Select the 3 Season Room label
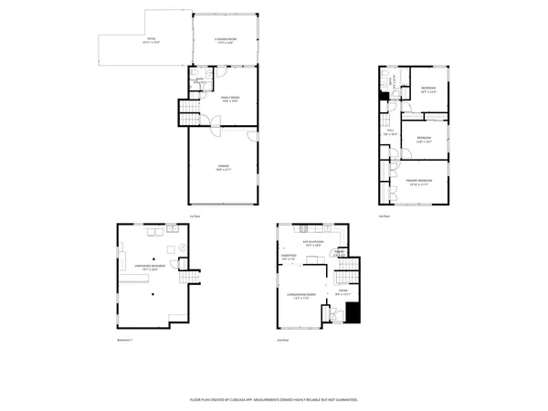pyautogui.click(x=225, y=40)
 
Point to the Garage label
pyautogui.click(x=223, y=167)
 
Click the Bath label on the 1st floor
pyautogui.click(x=199, y=80)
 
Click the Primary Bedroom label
pyautogui.click(x=419, y=182)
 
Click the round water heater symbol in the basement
pyautogui.click(x=182, y=248)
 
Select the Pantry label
pyautogui.click(x=338, y=252)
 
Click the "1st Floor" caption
pyautogui.click(x=195, y=216)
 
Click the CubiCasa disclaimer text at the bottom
pyautogui.click(x=273, y=399)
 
